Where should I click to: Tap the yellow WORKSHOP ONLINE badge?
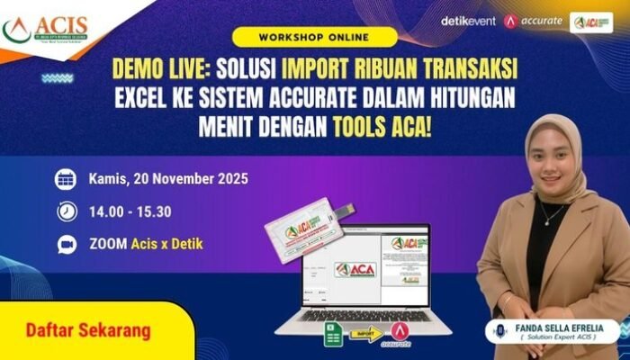[312, 38]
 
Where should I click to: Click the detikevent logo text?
[468, 21]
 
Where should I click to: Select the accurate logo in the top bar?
[534, 21]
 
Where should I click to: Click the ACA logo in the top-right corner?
[591, 22]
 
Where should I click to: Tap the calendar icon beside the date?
[66, 178]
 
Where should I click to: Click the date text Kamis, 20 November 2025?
[168, 178]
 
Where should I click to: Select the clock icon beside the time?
[66, 211]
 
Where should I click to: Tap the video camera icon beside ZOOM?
[66, 244]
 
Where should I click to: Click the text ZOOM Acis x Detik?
[146, 244]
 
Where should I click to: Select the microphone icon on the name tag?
[500, 330]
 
